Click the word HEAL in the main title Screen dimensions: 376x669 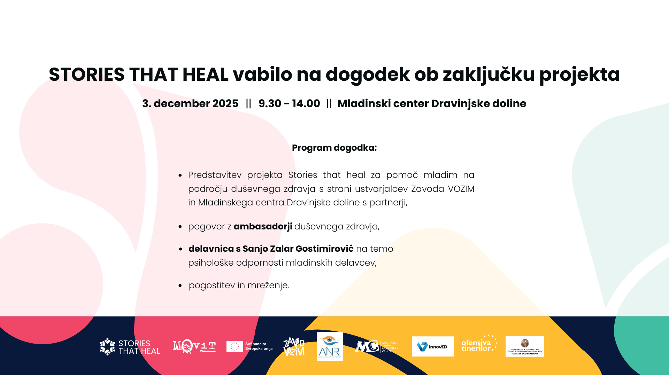205,75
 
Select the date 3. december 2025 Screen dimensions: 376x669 190,104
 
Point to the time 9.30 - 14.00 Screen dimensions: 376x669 289,104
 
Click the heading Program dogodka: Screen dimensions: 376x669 334,148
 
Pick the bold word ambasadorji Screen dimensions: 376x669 263,227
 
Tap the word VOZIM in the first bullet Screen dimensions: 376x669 461,189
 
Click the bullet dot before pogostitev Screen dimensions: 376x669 180,286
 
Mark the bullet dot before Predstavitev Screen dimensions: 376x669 180,175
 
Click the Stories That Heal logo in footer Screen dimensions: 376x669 130,347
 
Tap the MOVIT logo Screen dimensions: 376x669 194,346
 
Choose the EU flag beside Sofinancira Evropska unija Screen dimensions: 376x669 234,347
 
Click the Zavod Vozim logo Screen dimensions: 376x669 294,347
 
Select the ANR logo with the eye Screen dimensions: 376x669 330,346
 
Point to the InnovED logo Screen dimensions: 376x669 432,347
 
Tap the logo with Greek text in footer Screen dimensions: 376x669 524,347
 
